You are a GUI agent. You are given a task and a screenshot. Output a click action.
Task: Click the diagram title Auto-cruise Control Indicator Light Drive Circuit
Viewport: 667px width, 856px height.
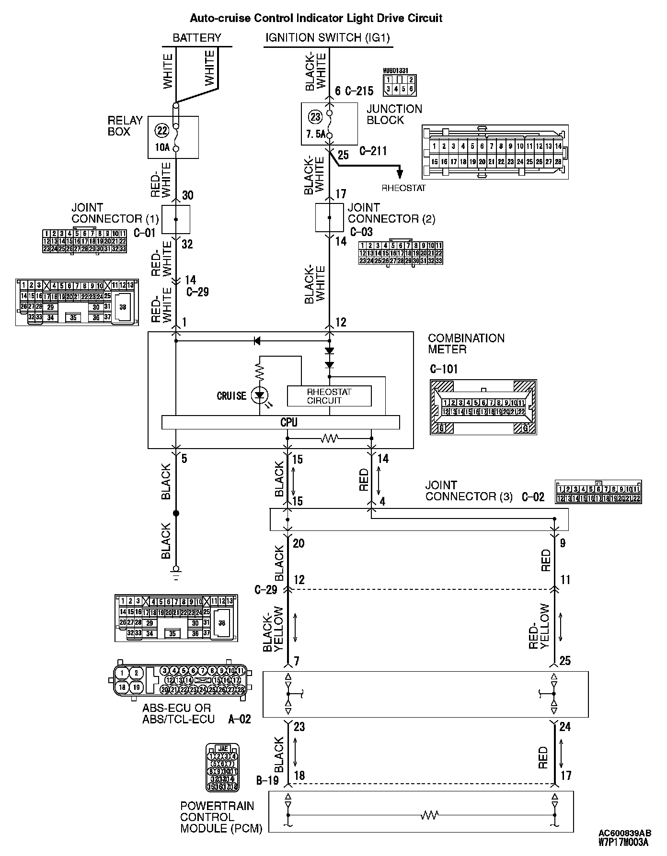316,18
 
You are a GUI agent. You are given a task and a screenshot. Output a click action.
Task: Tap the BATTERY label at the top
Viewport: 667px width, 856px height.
197,38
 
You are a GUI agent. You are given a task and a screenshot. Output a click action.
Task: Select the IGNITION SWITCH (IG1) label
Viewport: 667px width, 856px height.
328,38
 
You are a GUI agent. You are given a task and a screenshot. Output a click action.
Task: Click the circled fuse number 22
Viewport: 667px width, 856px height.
161,130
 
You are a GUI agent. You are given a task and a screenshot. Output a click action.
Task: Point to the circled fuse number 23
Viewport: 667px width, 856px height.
315,117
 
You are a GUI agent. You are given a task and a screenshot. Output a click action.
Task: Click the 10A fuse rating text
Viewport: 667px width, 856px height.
162,147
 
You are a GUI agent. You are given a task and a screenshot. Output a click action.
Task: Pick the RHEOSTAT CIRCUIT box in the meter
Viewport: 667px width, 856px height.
329,396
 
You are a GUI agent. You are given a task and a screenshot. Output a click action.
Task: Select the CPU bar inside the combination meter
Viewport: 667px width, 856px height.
280,422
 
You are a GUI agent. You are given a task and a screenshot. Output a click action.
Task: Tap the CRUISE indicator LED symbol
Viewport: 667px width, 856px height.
260,395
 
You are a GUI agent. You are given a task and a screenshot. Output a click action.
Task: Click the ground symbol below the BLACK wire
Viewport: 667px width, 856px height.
176,572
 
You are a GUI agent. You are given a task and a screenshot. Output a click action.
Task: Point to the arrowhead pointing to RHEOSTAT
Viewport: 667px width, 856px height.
400,174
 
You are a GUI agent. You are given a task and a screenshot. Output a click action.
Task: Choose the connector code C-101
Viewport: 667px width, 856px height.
444,369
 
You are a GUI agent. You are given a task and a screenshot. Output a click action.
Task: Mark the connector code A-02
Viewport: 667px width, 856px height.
239,719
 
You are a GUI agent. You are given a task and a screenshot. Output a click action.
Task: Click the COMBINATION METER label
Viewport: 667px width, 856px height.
466,344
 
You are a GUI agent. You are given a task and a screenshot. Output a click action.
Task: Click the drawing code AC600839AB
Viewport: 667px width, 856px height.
624,833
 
